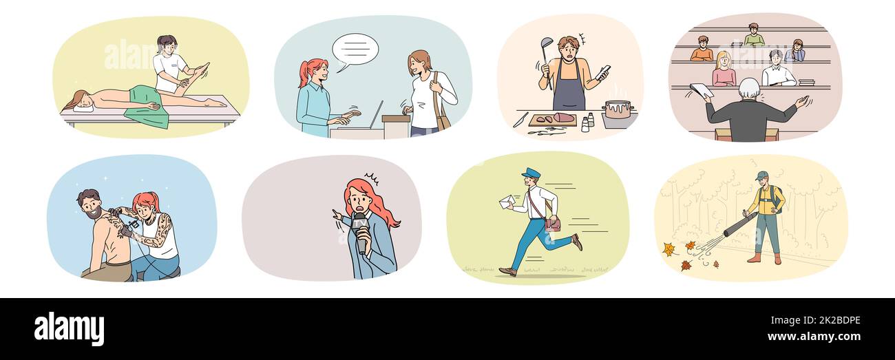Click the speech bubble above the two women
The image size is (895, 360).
[355, 49]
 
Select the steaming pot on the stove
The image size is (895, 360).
[618, 110]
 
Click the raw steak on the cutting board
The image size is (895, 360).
[563, 118]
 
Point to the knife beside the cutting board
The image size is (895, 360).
[520, 119]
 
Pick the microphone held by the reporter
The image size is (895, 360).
[360, 231]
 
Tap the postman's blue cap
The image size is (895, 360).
[531, 173]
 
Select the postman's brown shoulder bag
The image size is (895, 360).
[553, 223]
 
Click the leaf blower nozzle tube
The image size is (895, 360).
[737, 225]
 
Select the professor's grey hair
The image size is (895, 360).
[749, 88]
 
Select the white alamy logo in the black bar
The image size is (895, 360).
[69, 328]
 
